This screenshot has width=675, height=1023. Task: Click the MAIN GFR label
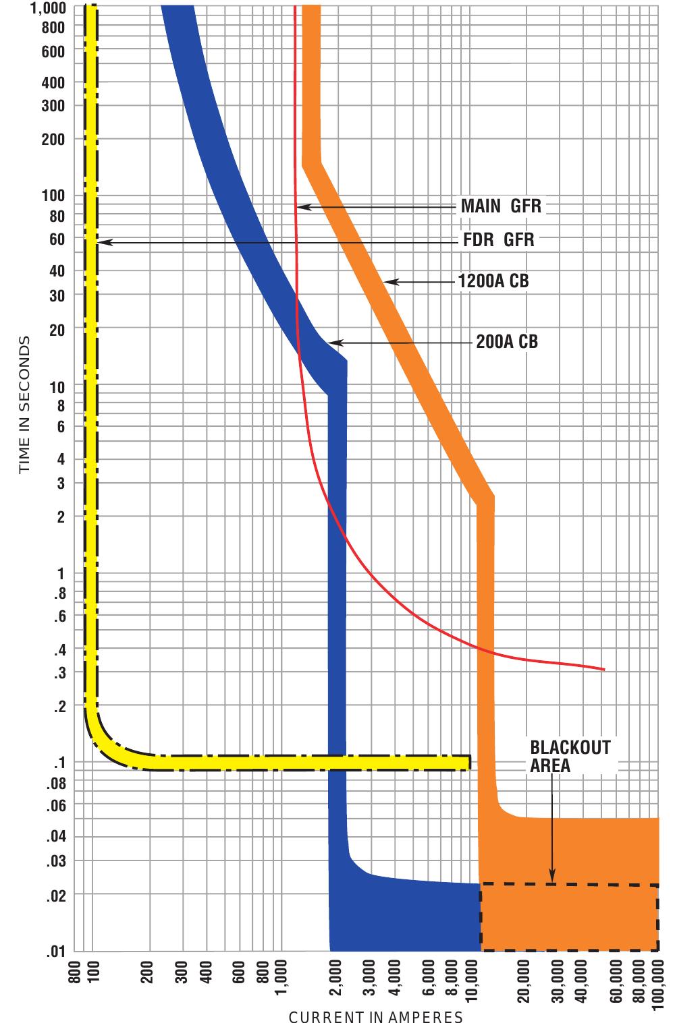pyautogui.click(x=501, y=206)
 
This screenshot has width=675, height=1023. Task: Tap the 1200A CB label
pyautogui.click(x=493, y=281)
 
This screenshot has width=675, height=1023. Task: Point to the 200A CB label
pyautogui.click(x=507, y=342)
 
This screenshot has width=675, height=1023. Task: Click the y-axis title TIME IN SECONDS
pyautogui.click(x=24, y=405)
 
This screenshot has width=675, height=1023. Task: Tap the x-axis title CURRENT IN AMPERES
pyautogui.click(x=376, y=1017)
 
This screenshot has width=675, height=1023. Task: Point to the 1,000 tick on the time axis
pyautogui.click(x=49, y=9)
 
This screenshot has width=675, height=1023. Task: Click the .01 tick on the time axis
pyautogui.click(x=55, y=952)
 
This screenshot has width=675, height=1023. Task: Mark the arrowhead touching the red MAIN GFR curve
pyautogui.click(x=302, y=206)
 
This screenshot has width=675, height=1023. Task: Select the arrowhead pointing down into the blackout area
pyautogui.click(x=552, y=877)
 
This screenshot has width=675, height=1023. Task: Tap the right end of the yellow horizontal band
pyautogui.click(x=468, y=763)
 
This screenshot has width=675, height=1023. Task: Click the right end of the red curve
pyautogui.click(x=603, y=670)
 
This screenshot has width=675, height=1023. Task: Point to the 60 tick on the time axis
pyautogui.click(x=57, y=239)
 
